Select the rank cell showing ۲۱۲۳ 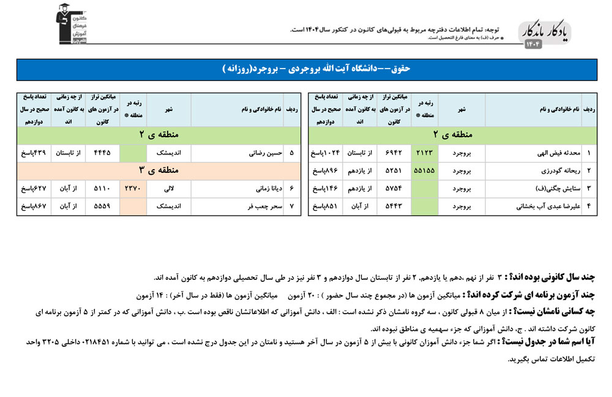pyautogui.click(x=425, y=153)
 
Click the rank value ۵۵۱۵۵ pyautogui.click(x=425, y=170)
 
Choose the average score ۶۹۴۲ pyautogui.click(x=394, y=153)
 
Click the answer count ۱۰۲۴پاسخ pyautogui.click(x=325, y=153)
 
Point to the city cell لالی pyautogui.click(x=168, y=189)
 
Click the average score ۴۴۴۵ pyautogui.click(x=102, y=153)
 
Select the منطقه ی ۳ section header pyautogui.click(x=159, y=170)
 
